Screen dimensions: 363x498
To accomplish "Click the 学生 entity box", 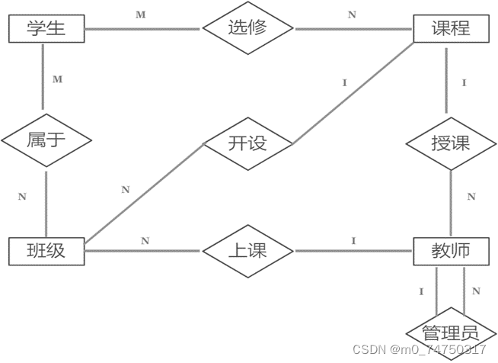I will tap(45, 29).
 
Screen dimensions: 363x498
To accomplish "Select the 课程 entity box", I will tap(450, 29).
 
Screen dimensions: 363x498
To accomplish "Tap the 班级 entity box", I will tap(45, 251).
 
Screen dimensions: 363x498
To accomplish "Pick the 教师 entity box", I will tap(450, 251).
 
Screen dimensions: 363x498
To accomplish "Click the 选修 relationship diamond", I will tap(248, 29).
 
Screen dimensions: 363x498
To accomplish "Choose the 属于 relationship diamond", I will tap(46, 140).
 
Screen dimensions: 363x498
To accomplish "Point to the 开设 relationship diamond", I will tap(248, 143).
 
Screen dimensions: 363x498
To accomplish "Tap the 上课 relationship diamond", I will tap(248, 251).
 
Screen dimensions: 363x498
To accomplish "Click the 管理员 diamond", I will tap(452, 333).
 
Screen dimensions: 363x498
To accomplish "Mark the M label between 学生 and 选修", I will tap(140, 14).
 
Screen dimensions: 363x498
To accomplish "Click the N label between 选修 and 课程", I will tap(351, 14).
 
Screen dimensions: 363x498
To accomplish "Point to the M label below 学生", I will tap(57, 79).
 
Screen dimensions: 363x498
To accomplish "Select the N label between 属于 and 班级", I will tap(22, 197).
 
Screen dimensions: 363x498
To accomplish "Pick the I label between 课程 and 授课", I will tap(464, 82).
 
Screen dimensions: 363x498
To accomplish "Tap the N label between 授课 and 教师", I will tap(471, 197).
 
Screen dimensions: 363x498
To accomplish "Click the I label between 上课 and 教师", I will tap(353, 241).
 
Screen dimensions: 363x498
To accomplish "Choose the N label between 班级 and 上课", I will tap(145, 241).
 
